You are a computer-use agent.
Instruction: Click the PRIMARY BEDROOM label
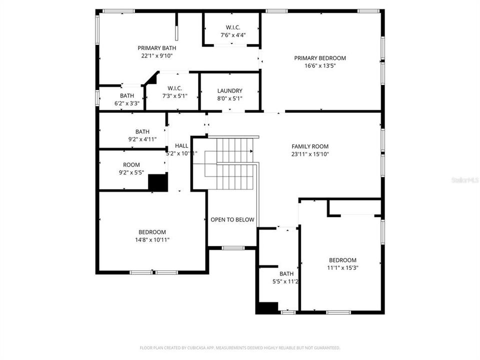tap(319, 58)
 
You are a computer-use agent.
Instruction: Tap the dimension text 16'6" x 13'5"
tap(319, 65)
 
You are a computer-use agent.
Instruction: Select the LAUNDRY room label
tap(229, 91)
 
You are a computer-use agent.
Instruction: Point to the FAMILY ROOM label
tap(310, 146)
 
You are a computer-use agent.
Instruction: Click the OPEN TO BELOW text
tap(232, 219)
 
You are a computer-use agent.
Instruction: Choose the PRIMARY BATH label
tap(157, 48)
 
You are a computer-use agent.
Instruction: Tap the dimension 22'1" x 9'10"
tap(157, 56)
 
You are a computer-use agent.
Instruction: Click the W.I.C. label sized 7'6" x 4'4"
tap(232, 27)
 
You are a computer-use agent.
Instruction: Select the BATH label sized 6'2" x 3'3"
tap(127, 96)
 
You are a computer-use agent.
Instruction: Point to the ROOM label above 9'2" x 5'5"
tap(131, 165)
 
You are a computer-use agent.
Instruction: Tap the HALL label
tap(181, 146)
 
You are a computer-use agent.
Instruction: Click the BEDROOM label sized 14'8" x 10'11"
tap(152, 232)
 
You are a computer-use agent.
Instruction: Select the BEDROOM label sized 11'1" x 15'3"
tap(342, 260)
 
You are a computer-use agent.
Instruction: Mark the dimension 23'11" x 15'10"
tap(310, 154)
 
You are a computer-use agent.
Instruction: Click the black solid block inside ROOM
tap(158, 182)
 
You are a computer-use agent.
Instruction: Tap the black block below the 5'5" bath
tap(267, 308)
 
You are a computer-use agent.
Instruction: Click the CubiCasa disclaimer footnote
tap(240, 347)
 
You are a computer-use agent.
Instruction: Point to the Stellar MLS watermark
tap(465, 179)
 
